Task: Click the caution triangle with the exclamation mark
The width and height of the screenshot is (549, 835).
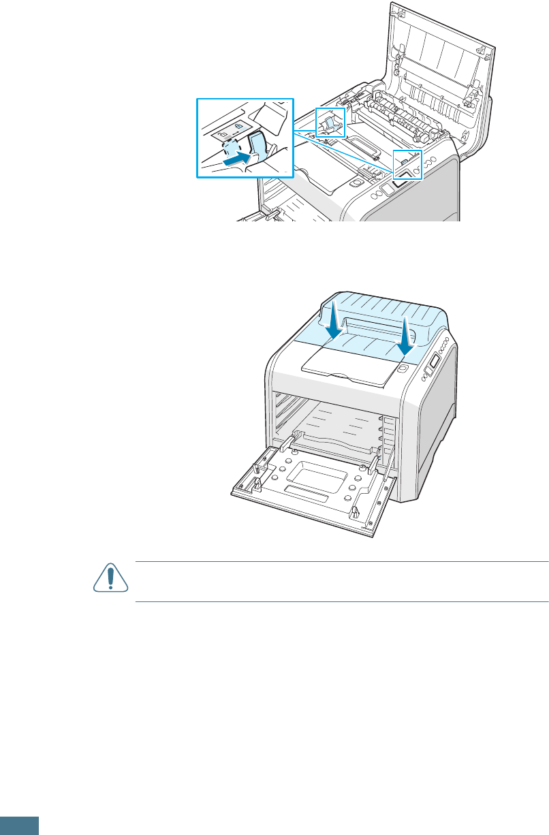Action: coord(107,580)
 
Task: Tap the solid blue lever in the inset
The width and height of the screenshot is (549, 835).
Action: coord(257,146)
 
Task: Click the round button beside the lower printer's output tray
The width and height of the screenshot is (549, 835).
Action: coord(402,368)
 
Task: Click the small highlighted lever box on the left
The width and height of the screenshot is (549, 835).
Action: coord(330,123)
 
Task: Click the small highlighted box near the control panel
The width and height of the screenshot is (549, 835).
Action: coord(407,164)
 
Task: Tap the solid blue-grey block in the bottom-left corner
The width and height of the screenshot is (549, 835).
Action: coord(19,825)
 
